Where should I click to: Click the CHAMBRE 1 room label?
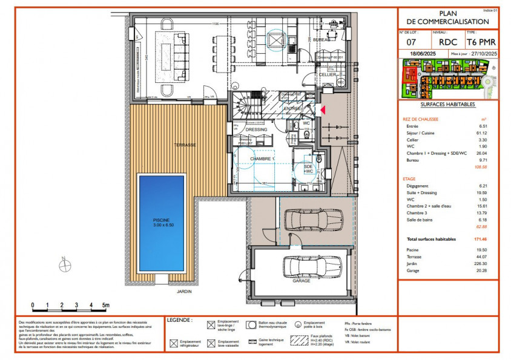point(263,158)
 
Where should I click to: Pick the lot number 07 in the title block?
point(411,42)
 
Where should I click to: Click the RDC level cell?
point(448,42)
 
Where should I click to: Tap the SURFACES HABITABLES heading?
point(447,105)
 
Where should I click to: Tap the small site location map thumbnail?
point(448,79)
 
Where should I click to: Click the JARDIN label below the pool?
point(185,291)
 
